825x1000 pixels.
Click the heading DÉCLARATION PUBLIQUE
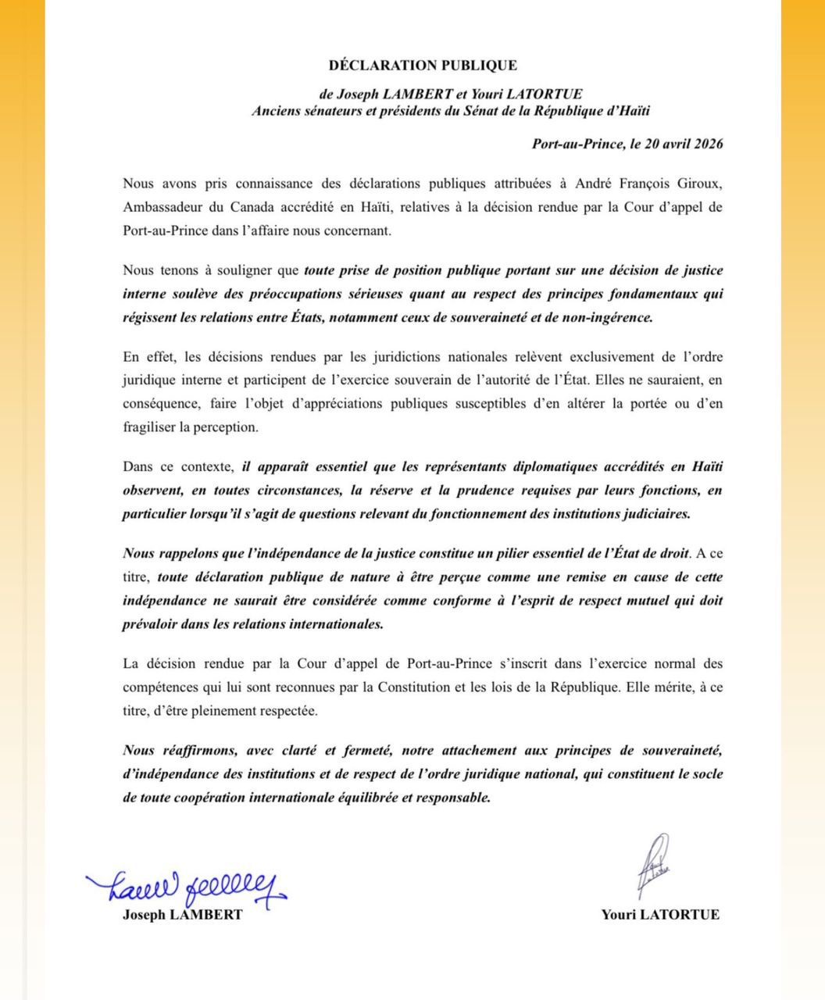[423, 66]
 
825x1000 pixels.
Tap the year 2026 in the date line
[705, 144]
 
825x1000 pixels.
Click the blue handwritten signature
[187, 885]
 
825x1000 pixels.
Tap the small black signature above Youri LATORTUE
[655, 863]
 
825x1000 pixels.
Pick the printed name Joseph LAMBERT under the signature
[182, 915]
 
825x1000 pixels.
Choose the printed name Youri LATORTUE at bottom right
[660, 915]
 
